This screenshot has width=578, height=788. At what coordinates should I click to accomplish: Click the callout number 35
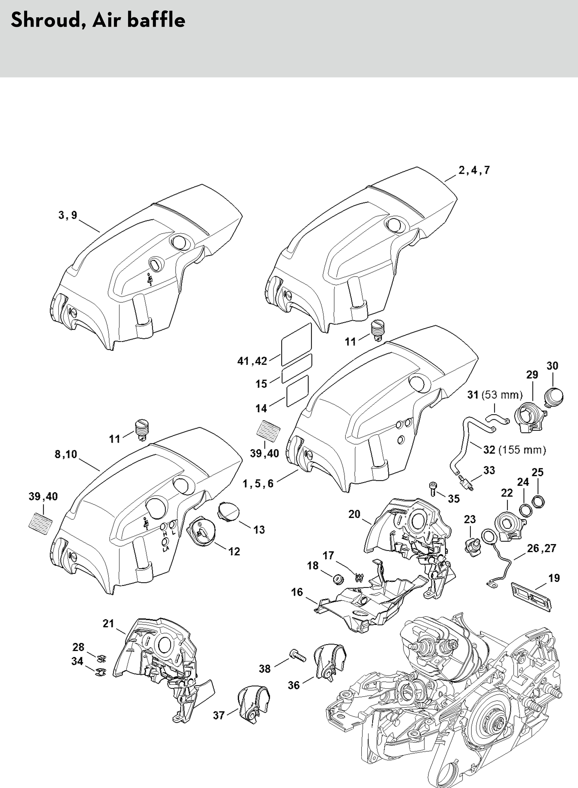pos(454,499)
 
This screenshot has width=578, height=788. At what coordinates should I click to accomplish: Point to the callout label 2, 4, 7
pos(474,170)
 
